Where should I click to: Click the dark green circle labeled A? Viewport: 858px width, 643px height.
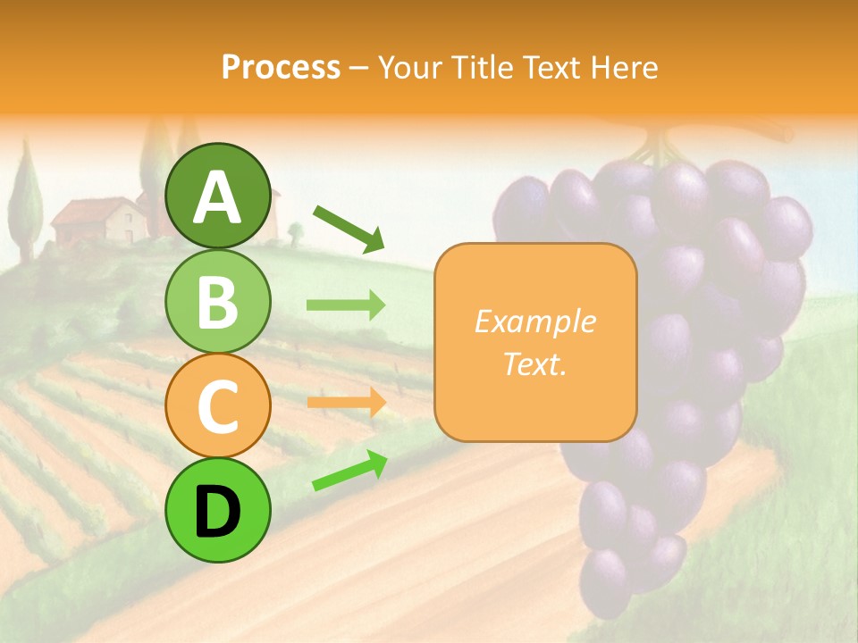tap(218, 196)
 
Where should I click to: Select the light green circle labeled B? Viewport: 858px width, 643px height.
tap(218, 302)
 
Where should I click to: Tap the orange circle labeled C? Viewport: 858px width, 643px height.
tap(218, 406)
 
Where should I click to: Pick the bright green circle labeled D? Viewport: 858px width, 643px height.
tap(218, 510)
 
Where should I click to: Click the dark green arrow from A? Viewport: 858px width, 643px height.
tap(349, 228)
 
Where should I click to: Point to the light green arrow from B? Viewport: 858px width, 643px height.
tap(346, 305)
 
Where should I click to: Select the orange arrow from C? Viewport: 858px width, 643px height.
tap(346, 403)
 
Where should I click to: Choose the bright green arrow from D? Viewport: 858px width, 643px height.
tap(349, 472)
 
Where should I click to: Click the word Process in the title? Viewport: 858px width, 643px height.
tap(281, 67)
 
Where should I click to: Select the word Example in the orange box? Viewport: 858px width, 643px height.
tap(534, 321)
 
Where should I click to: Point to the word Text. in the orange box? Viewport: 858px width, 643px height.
tap(534, 364)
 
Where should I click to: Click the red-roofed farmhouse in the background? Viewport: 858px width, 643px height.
tap(98, 221)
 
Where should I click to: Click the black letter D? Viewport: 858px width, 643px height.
tap(218, 512)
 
